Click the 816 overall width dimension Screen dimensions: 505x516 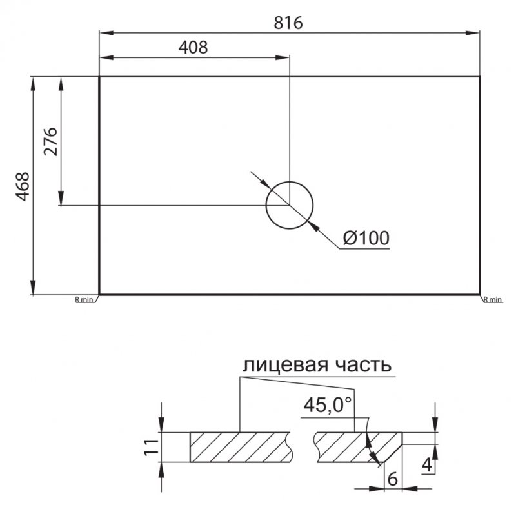[x=289, y=22]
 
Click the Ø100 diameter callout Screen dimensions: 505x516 [x=366, y=238]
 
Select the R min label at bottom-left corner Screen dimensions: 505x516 [x=84, y=299]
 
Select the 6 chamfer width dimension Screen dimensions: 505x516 [x=390, y=479]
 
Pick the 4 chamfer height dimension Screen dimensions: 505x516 [x=425, y=462]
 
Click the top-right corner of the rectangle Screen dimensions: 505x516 [x=480, y=77]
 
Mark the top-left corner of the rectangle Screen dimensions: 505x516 [x=99, y=77]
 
